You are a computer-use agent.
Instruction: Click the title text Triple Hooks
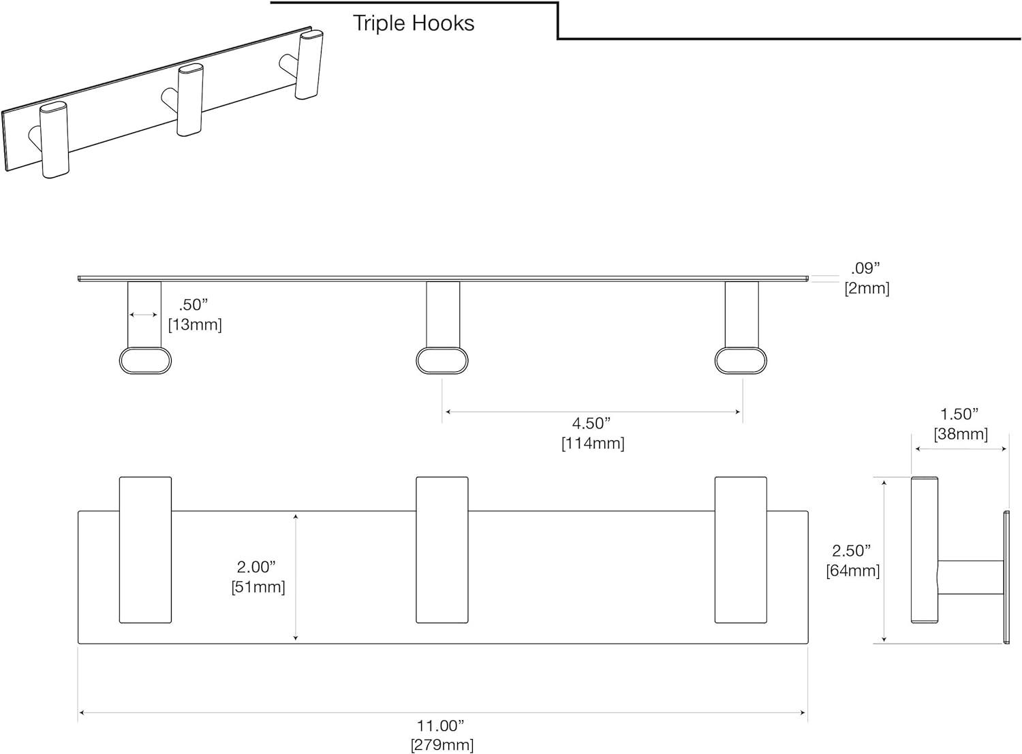(x=414, y=23)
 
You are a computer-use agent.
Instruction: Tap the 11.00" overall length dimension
(x=440, y=726)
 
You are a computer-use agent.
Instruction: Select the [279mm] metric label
(x=442, y=744)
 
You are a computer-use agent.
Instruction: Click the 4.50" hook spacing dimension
(x=591, y=423)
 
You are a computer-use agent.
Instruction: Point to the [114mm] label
(x=593, y=443)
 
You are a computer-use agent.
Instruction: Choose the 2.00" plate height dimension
(x=256, y=567)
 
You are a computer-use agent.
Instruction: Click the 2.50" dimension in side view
(x=852, y=550)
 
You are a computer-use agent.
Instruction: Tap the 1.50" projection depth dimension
(x=959, y=414)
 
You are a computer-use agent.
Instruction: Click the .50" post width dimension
(x=193, y=304)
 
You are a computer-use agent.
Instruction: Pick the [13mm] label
(x=195, y=325)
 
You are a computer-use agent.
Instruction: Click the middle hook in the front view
(x=442, y=550)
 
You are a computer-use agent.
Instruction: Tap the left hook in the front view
(x=145, y=550)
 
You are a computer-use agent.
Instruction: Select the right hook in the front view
(x=741, y=550)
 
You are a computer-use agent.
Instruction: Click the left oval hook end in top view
(x=145, y=360)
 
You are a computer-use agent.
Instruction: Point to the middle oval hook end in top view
(x=442, y=360)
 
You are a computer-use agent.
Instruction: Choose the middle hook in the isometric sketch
(x=187, y=100)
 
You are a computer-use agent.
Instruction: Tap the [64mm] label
(x=852, y=571)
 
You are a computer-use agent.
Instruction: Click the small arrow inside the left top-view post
(x=144, y=315)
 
